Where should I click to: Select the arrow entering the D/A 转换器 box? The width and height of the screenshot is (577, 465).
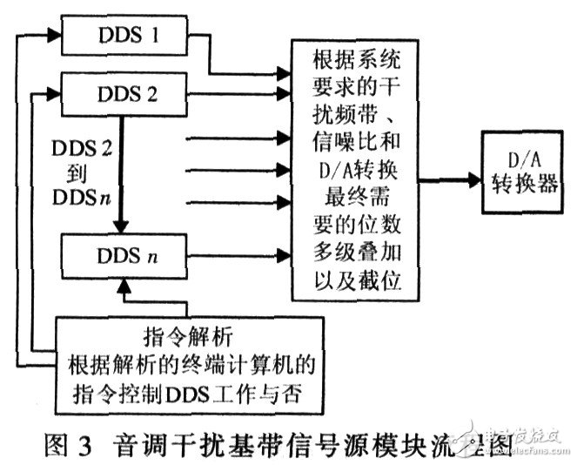click(453, 181)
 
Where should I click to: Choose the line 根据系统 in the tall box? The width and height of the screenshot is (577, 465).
click(354, 61)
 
